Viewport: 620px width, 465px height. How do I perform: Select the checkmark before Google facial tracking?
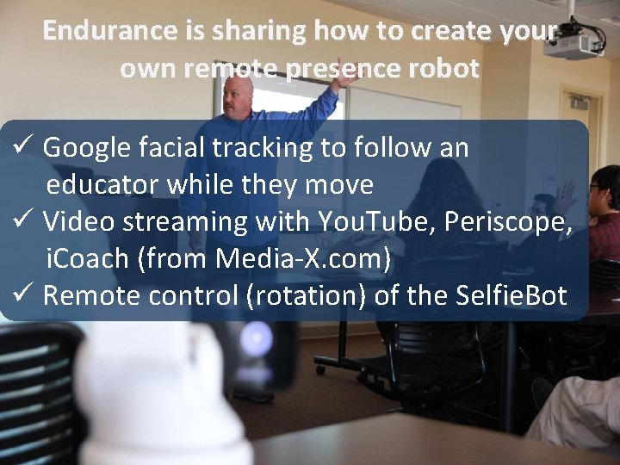pos(23,147)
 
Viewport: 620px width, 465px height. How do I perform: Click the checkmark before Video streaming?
pos(23,221)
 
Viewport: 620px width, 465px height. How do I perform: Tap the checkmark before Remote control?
pos(23,295)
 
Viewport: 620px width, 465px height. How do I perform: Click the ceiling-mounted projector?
pos(573,43)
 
